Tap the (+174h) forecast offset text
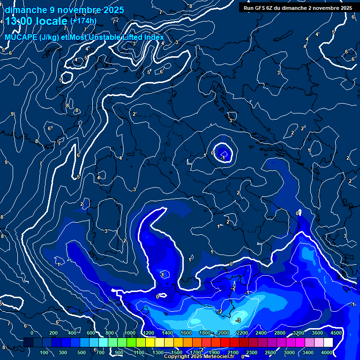click(x=83, y=21)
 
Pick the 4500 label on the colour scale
click(x=336, y=333)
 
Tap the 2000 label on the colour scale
click(x=224, y=333)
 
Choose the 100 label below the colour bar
click(x=44, y=352)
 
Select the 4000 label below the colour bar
click(x=327, y=352)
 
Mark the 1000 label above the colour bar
click(x=129, y=333)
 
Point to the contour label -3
click(x=238, y=320)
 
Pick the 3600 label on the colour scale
click(x=317, y=333)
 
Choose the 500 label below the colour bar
click(x=82, y=352)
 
